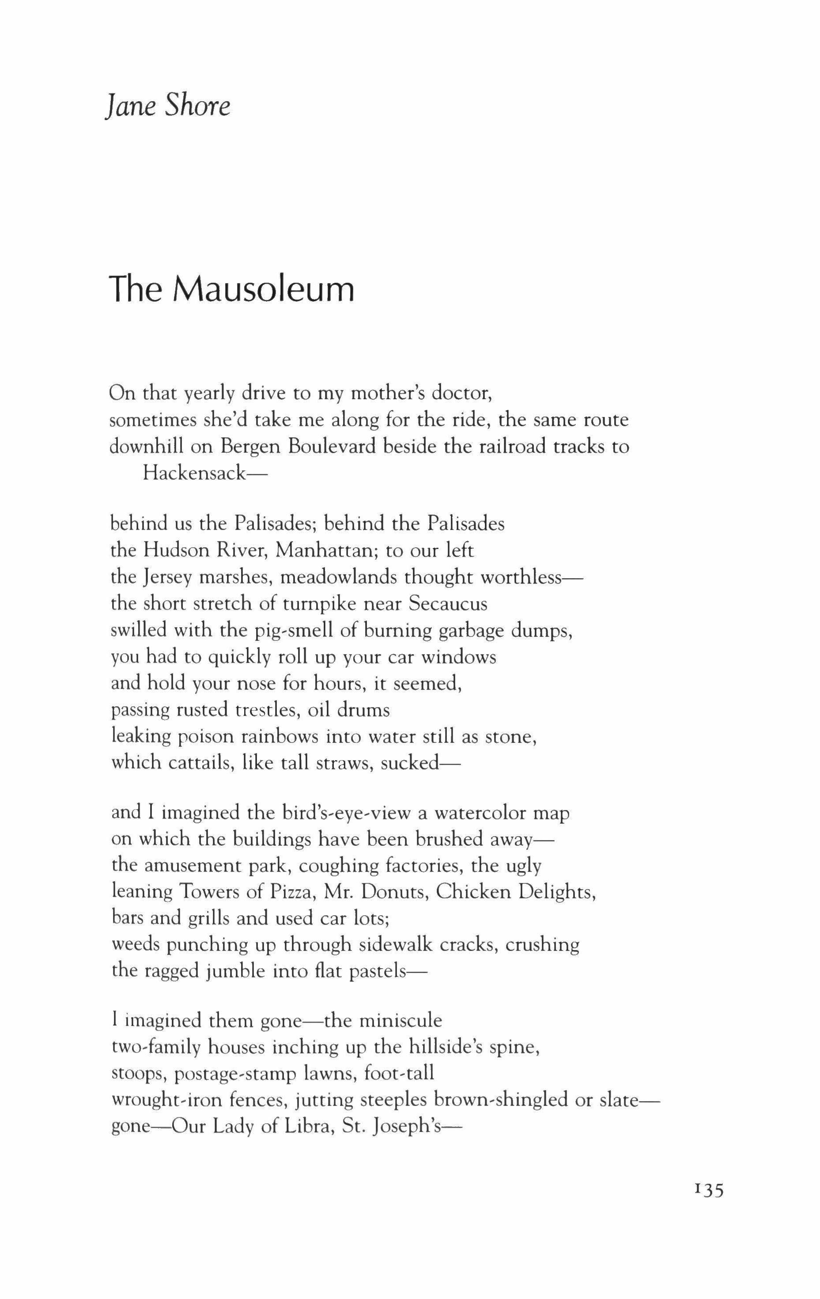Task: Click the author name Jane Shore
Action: point(168,105)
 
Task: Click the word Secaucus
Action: point(448,604)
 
